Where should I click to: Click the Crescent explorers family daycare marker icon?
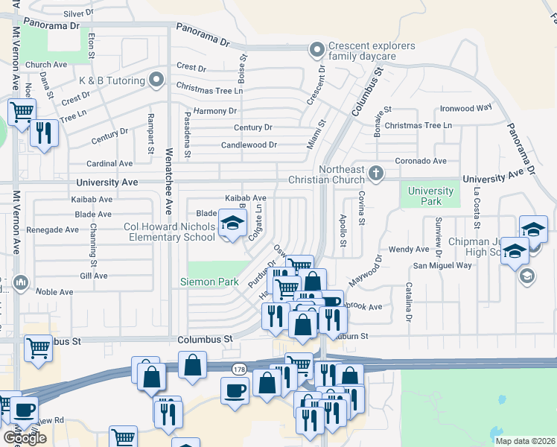pos(317,50)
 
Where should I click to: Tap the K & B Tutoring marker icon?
pos(156,78)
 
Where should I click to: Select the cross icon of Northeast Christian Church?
pos(377,174)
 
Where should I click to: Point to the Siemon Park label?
pos(209,282)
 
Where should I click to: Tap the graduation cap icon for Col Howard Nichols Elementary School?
pos(232,223)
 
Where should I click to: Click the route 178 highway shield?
pos(238,369)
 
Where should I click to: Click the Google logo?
pos(25,438)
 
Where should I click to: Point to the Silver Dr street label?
pos(78,13)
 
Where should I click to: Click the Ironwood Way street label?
pos(465,107)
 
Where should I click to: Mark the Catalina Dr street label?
pos(408,302)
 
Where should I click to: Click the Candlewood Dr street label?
pos(249,145)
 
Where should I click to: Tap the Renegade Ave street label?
pos(52,230)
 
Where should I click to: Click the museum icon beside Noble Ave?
pos(20,282)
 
